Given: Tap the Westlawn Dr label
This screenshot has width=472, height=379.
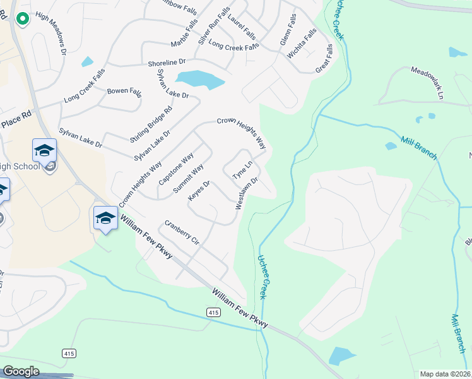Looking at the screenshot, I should [247, 193].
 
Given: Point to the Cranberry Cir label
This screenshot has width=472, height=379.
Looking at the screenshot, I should [182, 232].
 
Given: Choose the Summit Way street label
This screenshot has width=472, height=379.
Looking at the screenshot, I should [189, 177].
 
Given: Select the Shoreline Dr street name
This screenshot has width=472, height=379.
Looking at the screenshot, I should [167, 63].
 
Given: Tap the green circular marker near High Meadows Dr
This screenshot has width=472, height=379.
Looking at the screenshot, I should [22, 19].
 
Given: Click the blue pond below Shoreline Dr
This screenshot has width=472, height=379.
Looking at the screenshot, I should [200, 80].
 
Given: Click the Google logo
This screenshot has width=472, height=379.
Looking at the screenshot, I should [21, 371].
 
